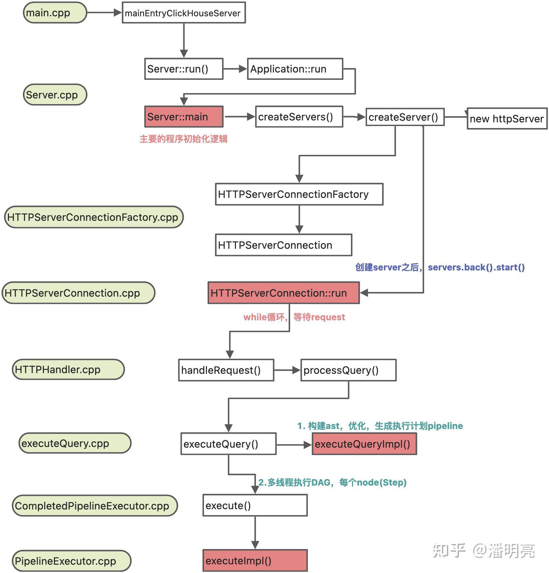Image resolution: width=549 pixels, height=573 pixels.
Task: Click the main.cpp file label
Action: (55, 13)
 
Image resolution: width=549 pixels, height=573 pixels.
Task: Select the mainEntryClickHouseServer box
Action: (184, 13)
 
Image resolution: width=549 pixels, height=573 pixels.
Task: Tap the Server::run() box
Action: (184, 69)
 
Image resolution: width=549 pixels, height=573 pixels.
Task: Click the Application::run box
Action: (295, 69)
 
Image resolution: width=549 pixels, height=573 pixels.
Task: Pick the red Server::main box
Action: (184, 117)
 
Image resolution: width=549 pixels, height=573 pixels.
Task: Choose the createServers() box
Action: (299, 117)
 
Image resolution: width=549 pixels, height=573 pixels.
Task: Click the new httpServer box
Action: (507, 119)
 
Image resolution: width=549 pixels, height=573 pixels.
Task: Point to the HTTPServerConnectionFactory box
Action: (299, 194)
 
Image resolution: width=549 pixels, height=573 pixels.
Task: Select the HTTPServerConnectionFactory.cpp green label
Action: (94, 217)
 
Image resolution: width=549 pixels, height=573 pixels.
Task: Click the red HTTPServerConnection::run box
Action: (283, 293)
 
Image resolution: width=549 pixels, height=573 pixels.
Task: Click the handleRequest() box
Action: (226, 370)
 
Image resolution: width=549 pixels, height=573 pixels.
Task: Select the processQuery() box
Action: (348, 370)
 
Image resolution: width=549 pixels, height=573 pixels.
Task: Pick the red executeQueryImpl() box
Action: (364, 444)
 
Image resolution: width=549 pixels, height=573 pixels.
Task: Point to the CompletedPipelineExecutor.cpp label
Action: (95, 506)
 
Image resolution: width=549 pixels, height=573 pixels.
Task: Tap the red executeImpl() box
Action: (255, 561)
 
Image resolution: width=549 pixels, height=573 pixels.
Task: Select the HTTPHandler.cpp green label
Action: (68, 369)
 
